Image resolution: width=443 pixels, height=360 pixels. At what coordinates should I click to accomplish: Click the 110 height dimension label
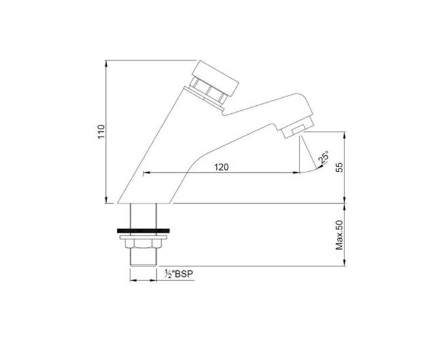102,132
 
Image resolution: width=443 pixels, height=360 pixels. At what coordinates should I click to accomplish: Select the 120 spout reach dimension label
221,167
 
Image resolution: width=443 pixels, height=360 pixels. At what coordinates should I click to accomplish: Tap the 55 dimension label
340,167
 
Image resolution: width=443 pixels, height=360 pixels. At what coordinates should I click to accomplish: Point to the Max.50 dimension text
339,235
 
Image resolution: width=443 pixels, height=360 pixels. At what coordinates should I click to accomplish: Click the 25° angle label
324,157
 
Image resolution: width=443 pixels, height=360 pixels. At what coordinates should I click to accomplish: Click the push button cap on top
215,78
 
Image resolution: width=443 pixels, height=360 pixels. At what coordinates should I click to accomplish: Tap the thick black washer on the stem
143,231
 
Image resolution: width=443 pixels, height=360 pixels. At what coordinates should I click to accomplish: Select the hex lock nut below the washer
143,244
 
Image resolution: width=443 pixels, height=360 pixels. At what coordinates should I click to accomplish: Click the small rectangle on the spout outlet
298,130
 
